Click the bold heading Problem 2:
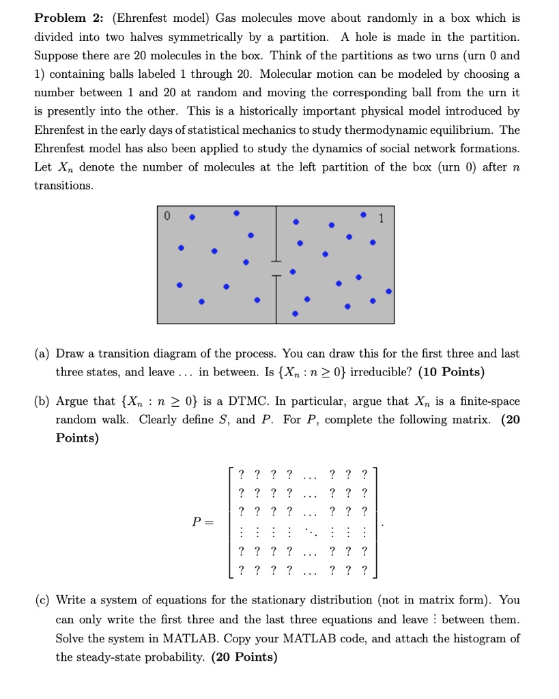click(x=68, y=18)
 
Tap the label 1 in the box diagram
click(x=382, y=219)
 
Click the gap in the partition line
click(x=276, y=269)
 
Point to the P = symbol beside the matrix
click(x=202, y=522)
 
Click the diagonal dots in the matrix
click(x=311, y=530)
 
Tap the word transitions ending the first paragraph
click(x=63, y=186)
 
